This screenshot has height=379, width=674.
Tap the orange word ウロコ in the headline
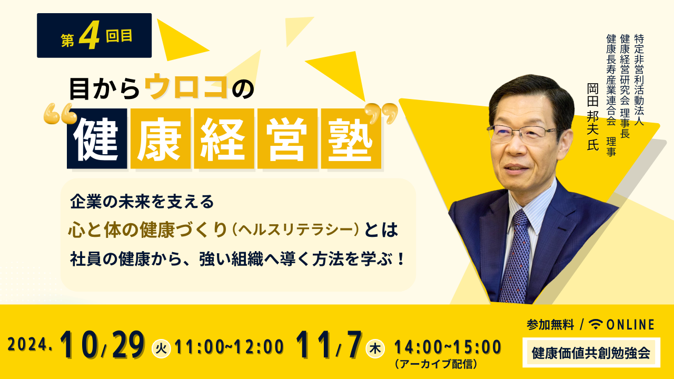pos(186,86)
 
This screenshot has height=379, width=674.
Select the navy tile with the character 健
pos(97,138)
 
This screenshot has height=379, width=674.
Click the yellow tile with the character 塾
pos(351,138)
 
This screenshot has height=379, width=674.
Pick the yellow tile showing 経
pos(224,138)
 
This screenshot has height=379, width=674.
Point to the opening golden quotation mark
pos(60,114)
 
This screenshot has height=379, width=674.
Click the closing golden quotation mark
pos(381,113)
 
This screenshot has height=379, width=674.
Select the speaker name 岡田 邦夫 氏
pos(593,117)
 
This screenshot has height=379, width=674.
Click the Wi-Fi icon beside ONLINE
pos(596,324)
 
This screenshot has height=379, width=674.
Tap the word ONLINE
pos(630,325)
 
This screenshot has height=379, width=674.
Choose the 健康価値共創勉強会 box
pos(591,353)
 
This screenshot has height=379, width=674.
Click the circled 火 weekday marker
pos(161,348)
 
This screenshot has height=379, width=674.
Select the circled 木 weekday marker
pos(375,348)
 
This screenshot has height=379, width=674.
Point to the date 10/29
pos(102,344)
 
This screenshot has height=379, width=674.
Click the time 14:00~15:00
pos(448,347)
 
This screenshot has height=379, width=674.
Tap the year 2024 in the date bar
pos(27,344)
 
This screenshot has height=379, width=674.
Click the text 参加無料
pos(550,325)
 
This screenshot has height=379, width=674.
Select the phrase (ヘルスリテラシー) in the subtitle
pos(295,230)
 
